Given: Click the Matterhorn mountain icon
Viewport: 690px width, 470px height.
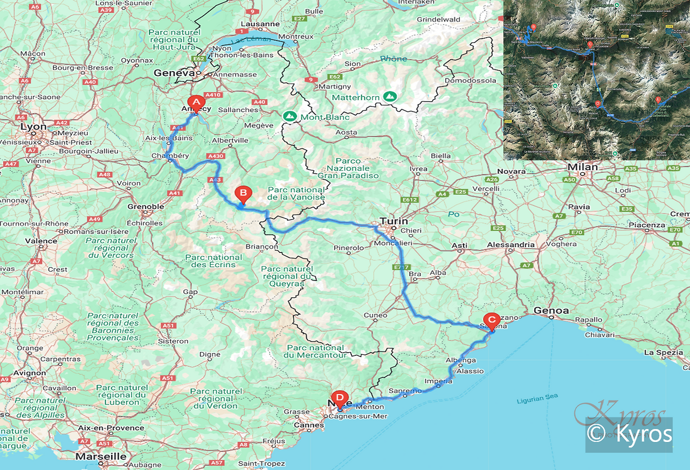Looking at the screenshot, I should coord(390,97).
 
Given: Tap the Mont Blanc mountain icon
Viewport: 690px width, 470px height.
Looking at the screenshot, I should coord(290,116).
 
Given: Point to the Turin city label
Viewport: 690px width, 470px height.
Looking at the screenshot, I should coord(394,221).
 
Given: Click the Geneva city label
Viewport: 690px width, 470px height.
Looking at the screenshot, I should coord(174,73).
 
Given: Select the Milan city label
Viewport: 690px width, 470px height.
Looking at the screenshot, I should coord(582,167).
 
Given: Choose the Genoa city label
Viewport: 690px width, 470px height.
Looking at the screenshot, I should coord(551,311).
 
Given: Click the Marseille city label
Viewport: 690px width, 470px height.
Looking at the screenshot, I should coord(101,457).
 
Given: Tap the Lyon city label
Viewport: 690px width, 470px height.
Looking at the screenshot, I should coord(33,127).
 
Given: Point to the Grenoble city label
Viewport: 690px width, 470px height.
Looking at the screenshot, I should coord(145,207).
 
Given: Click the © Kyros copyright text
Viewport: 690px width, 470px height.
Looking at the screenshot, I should coord(630,434).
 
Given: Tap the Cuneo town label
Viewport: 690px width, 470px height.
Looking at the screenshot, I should coord(375,315).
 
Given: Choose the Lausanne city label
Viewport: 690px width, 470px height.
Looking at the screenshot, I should coord(260,24).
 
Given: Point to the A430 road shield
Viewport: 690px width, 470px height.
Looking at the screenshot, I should coord(216,157).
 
